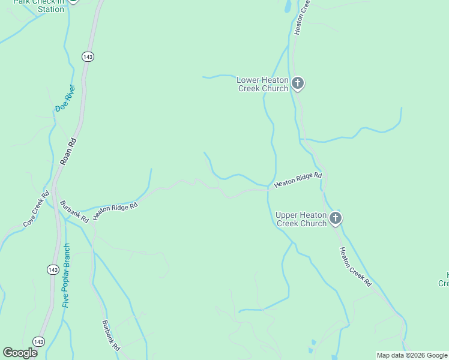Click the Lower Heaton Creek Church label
point(263,84)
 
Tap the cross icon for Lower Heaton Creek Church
point(298,83)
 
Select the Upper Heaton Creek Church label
point(301,219)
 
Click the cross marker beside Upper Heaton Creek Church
point(336,218)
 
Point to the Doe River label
point(65,98)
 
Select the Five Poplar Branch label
point(66,275)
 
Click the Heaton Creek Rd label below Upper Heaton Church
point(355,267)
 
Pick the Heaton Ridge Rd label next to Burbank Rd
point(116,210)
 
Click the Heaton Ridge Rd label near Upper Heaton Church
point(298,180)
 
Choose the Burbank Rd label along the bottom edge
point(111,335)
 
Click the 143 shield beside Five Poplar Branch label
point(53,269)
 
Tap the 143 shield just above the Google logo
point(39,341)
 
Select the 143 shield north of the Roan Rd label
point(89,56)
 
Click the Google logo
point(20,353)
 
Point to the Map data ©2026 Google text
point(412,355)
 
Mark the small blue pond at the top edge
point(288,6)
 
